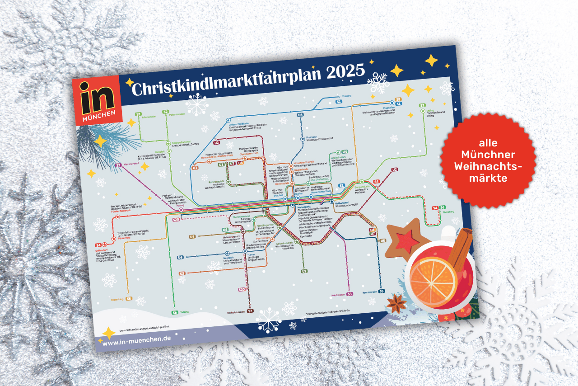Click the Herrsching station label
[x=117, y=299]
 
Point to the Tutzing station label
[x=184, y=312]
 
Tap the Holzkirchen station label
[x=338, y=294]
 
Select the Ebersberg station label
[x=448, y=212]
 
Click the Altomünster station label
[x=149, y=116]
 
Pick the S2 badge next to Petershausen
[x=166, y=112]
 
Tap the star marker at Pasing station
[x=181, y=210]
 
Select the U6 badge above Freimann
[x=300, y=115]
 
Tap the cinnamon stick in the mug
[x=460, y=250]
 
